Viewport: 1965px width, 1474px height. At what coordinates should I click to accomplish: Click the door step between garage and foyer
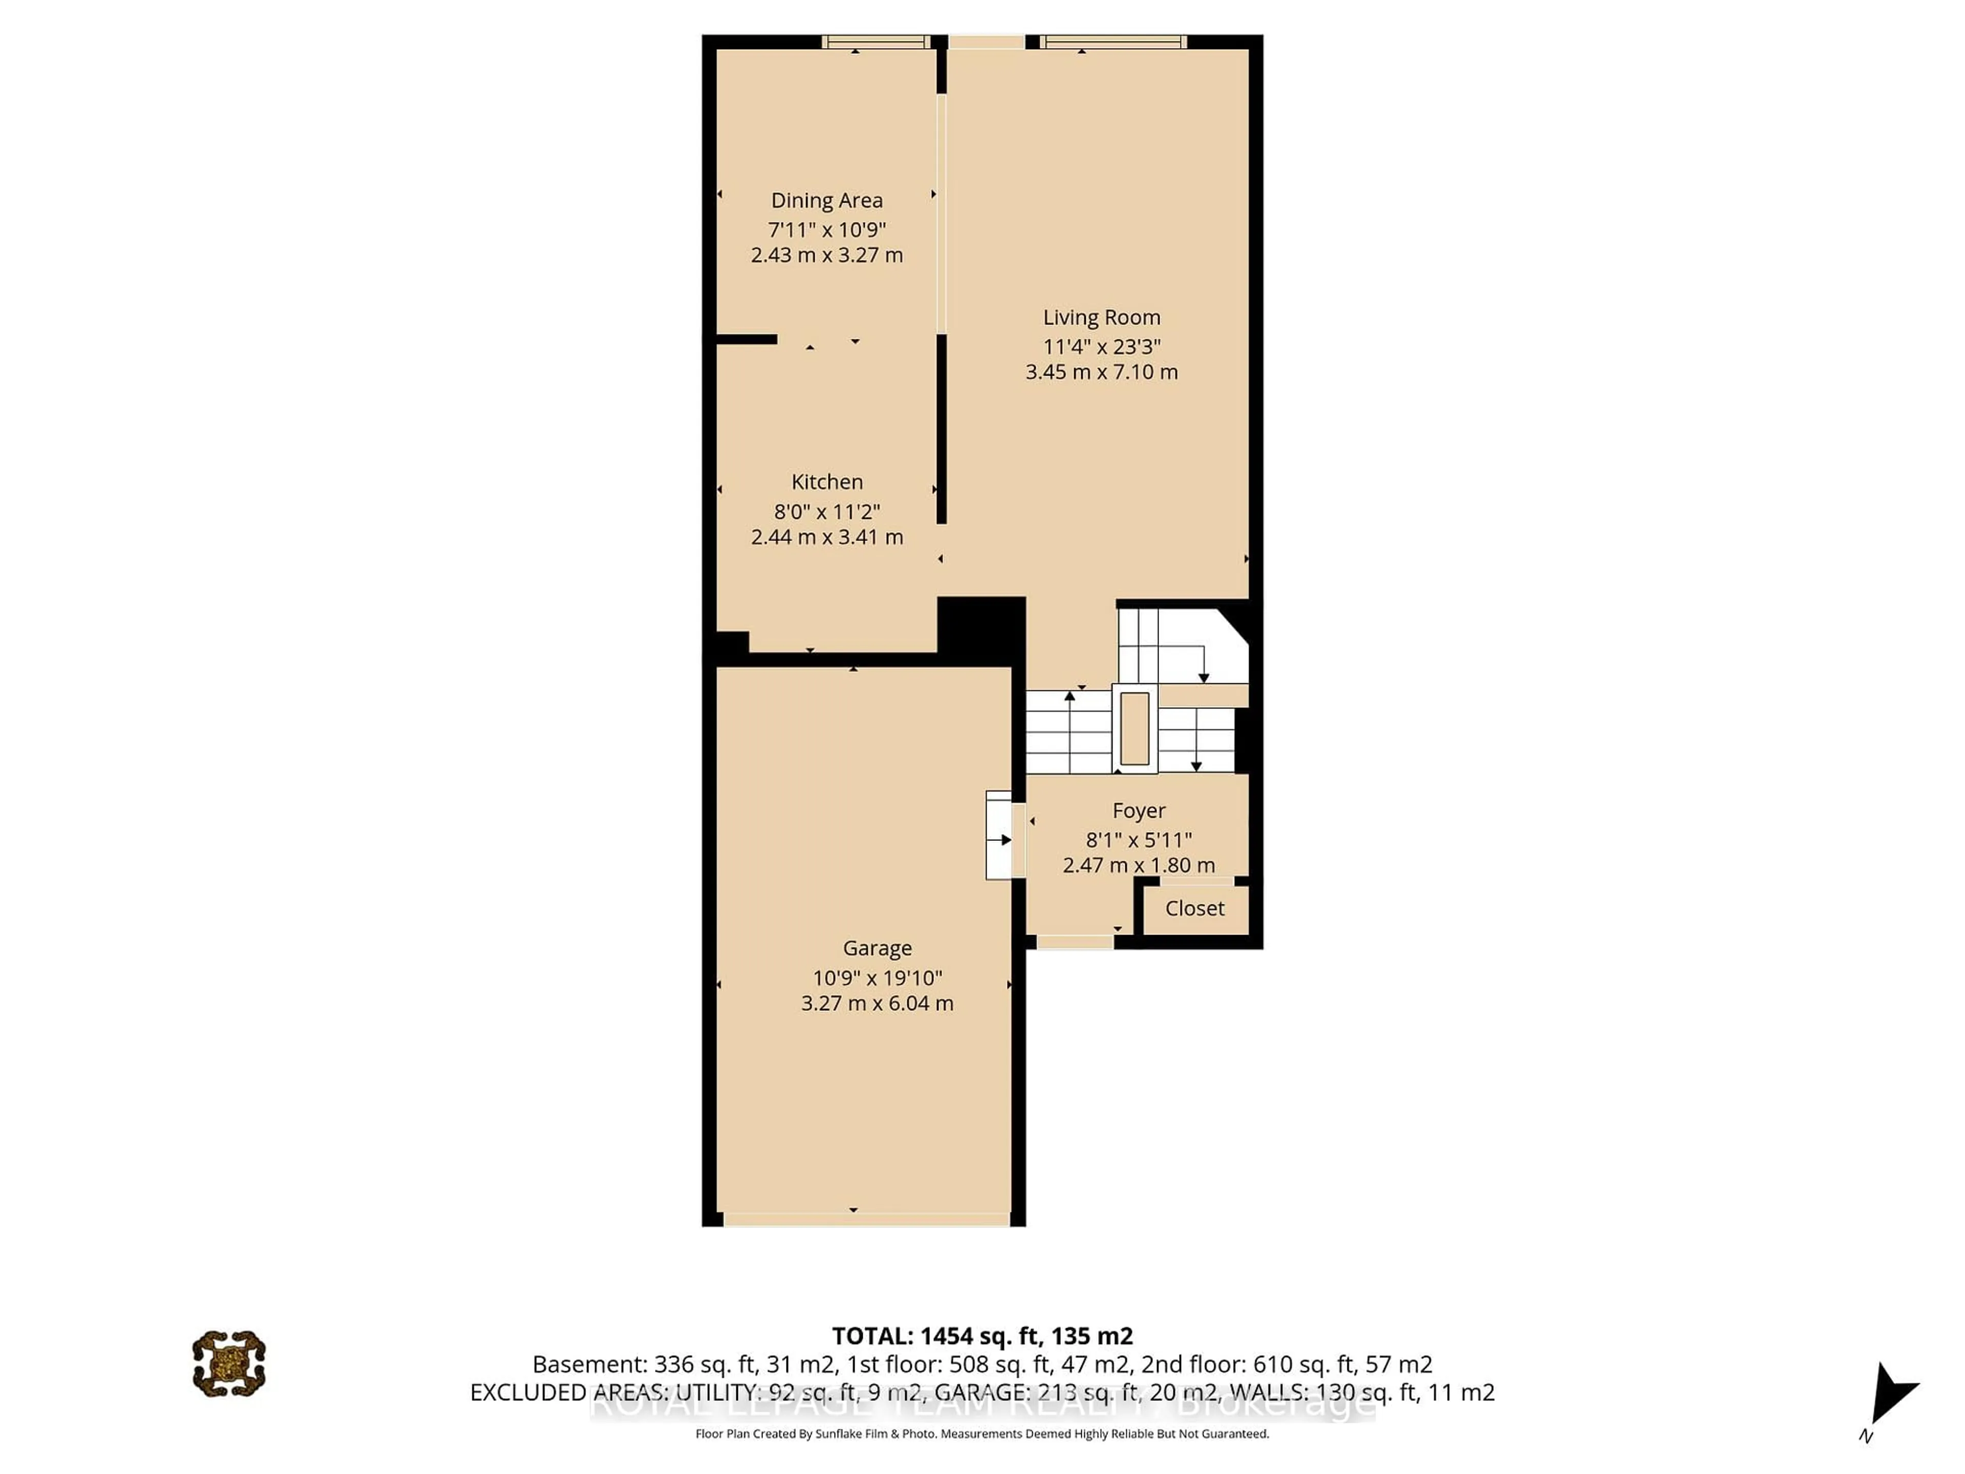pyautogui.click(x=998, y=835)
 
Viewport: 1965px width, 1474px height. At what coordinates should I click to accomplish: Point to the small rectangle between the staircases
pyautogui.click(x=1134, y=729)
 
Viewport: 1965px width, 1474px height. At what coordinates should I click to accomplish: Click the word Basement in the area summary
pyautogui.click(x=588, y=1364)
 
